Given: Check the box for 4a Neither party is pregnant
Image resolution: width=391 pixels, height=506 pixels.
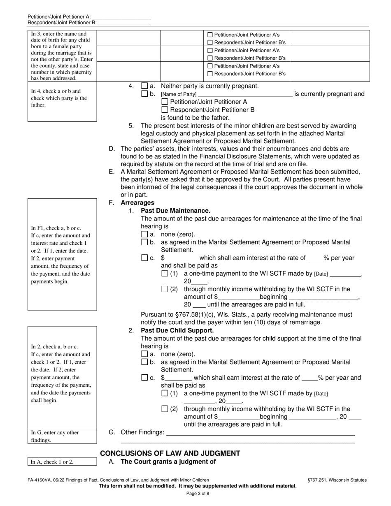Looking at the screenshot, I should click(x=144, y=86).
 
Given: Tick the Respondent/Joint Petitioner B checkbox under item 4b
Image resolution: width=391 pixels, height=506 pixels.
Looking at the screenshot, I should click(x=165, y=110).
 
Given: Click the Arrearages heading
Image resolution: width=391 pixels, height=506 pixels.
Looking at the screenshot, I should click(x=137, y=203).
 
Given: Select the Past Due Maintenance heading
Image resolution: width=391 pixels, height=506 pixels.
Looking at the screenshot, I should click(x=175, y=211).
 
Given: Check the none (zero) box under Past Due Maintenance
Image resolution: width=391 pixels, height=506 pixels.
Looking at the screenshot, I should click(x=144, y=234).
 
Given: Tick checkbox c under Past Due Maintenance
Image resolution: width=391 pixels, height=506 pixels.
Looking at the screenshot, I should click(x=144, y=258).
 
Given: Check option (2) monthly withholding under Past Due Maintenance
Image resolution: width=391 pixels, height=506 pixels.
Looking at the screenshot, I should click(x=165, y=289).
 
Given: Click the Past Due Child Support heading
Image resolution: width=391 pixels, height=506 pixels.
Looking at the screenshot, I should click(x=177, y=330).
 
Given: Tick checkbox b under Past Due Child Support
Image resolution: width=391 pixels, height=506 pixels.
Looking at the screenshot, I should click(x=144, y=362).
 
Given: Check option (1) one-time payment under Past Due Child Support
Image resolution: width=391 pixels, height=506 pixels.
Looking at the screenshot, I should click(x=165, y=393).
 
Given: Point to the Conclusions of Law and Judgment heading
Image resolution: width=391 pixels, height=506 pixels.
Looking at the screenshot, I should click(x=170, y=453).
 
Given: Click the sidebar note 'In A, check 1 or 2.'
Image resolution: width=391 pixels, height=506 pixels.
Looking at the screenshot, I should click(x=52, y=462).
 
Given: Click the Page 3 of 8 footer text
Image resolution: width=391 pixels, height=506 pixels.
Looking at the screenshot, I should click(x=198, y=493).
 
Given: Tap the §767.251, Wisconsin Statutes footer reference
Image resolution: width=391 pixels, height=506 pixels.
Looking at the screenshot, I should click(x=337, y=480).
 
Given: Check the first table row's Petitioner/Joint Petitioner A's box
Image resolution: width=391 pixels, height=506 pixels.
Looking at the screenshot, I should click(x=210, y=35).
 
